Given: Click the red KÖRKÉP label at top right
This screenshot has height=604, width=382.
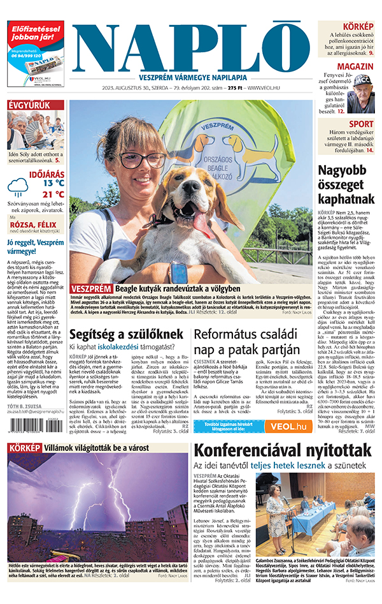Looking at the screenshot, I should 358,26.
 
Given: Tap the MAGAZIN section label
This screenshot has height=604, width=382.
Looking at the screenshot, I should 355,66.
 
